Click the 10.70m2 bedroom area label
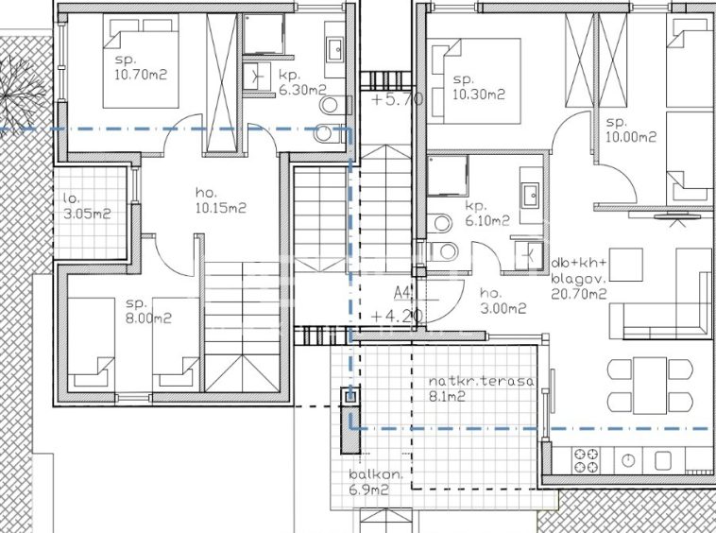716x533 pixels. click(x=141, y=68)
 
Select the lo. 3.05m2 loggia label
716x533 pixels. click(x=87, y=206)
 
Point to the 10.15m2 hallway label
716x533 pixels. click(x=220, y=201)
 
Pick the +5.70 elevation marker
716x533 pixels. click(x=397, y=99)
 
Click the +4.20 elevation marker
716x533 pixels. click(x=397, y=316)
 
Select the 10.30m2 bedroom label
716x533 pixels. click(x=479, y=87)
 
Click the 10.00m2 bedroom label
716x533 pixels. click(x=631, y=129)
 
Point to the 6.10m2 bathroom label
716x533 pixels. click(x=486, y=214)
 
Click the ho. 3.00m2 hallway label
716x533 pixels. click(x=503, y=301)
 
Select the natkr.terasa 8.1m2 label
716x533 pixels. click(x=481, y=388)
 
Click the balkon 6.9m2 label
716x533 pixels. click(x=376, y=482)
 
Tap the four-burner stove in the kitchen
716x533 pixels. click(x=587, y=460)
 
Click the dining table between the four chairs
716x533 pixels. click(x=650, y=386)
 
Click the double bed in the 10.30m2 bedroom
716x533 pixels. click(x=475, y=81)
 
